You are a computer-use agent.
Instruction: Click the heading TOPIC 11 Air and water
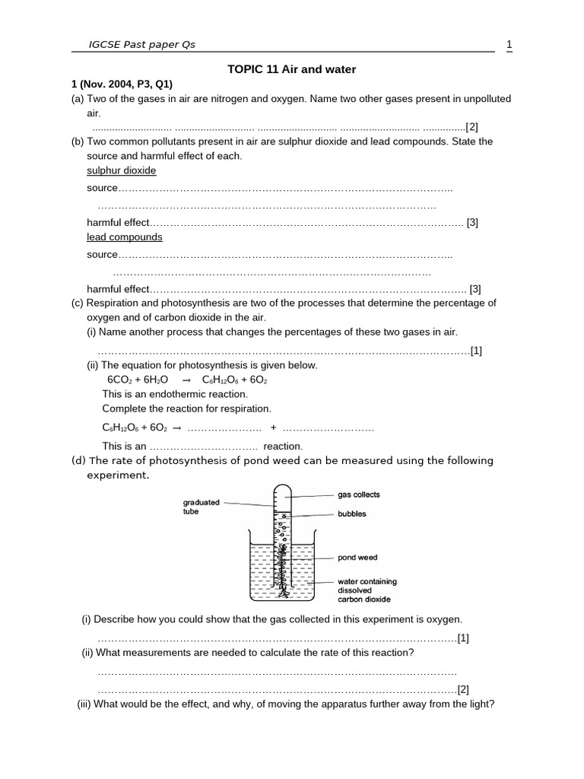pos(292,69)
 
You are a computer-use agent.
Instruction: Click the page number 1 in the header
pos(509,44)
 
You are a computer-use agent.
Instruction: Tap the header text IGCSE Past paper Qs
pos(142,44)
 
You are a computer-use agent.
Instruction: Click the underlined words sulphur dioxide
pos(121,170)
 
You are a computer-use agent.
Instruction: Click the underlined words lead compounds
pos(124,237)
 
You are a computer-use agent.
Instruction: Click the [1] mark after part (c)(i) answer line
pos(476,350)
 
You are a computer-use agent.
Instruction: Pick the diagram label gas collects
pos(359,494)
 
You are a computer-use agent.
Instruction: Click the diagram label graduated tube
pos(202,507)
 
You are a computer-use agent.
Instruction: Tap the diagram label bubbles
pos(352,514)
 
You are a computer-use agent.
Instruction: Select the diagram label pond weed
pos(357,558)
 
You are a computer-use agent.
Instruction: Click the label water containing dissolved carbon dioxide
pos(367,590)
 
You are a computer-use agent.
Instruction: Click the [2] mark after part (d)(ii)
pos(463,689)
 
